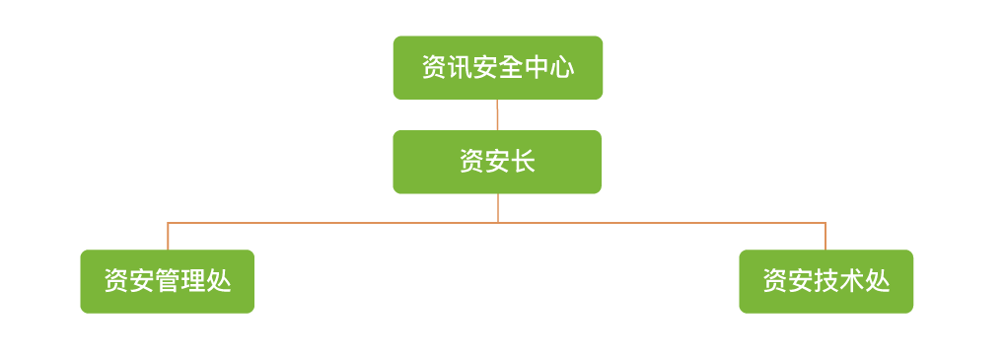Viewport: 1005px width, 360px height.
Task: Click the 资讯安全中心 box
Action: pos(497,67)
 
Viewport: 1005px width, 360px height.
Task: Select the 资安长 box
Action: pos(497,162)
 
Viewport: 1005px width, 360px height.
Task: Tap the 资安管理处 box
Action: pos(167,281)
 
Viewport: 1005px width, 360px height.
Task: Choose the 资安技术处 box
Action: pos(826,281)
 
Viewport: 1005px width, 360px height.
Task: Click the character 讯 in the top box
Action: pos(460,68)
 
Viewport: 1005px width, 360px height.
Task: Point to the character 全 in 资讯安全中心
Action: pos(511,68)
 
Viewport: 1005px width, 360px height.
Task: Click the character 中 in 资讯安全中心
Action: pos(537,68)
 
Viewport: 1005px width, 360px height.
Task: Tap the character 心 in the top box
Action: pos(562,68)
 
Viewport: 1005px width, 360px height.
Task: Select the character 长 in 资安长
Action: pos(523,162)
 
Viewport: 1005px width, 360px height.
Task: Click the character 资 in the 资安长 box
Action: pos(471,162)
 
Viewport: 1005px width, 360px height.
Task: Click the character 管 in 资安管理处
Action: pos(167,282)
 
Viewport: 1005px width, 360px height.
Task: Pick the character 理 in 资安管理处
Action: pos(192,282)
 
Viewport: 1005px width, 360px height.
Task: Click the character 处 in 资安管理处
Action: pos(218,282)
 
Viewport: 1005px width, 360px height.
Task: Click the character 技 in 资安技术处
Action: pos(826,282)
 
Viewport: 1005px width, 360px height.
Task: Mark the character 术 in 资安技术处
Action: pos(851,282)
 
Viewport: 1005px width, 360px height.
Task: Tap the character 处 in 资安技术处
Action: pos(877,282)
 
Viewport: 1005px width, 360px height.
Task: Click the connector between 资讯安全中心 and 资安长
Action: pos(497,114)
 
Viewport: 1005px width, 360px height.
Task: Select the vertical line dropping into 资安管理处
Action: pos(168,237)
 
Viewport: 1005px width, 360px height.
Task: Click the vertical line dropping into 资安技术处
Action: pos(826,237)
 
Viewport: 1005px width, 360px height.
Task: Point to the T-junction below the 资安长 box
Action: pos(498,223)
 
